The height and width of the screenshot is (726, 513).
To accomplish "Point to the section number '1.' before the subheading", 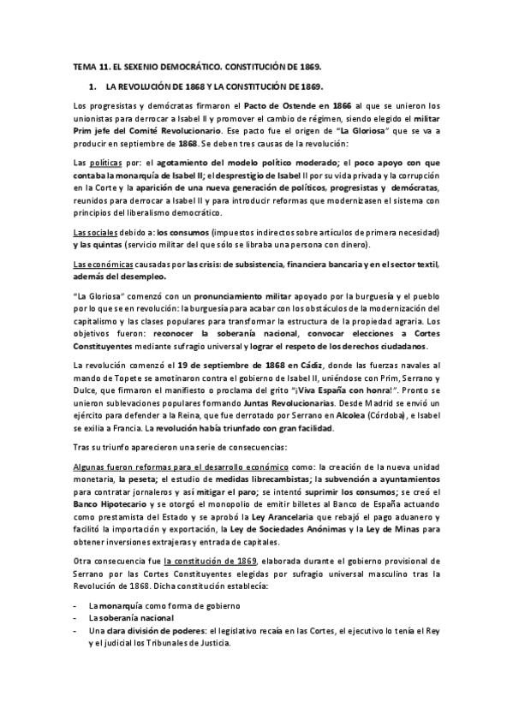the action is click(92, 86).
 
